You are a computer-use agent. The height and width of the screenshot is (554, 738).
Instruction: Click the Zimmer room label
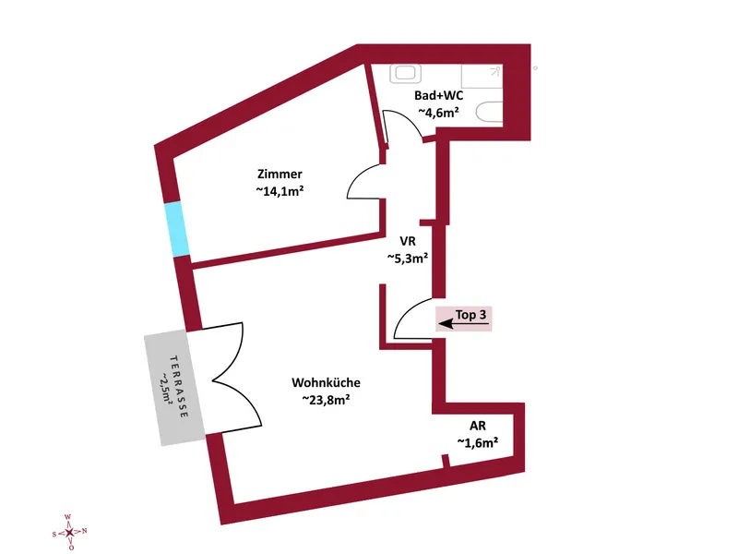(280, 175)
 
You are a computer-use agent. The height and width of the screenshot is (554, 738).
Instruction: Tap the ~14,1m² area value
(280, 192)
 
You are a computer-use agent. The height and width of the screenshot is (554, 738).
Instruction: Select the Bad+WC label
(438, 94)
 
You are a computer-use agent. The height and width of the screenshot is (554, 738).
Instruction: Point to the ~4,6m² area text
(438, 112)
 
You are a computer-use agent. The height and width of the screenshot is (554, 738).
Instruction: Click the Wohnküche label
(326, 382)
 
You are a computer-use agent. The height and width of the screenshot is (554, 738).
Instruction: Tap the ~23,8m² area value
(326, 400)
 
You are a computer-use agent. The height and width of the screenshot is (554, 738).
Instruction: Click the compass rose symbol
(69, 532)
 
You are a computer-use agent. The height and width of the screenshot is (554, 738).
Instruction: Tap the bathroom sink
(405, 74)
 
